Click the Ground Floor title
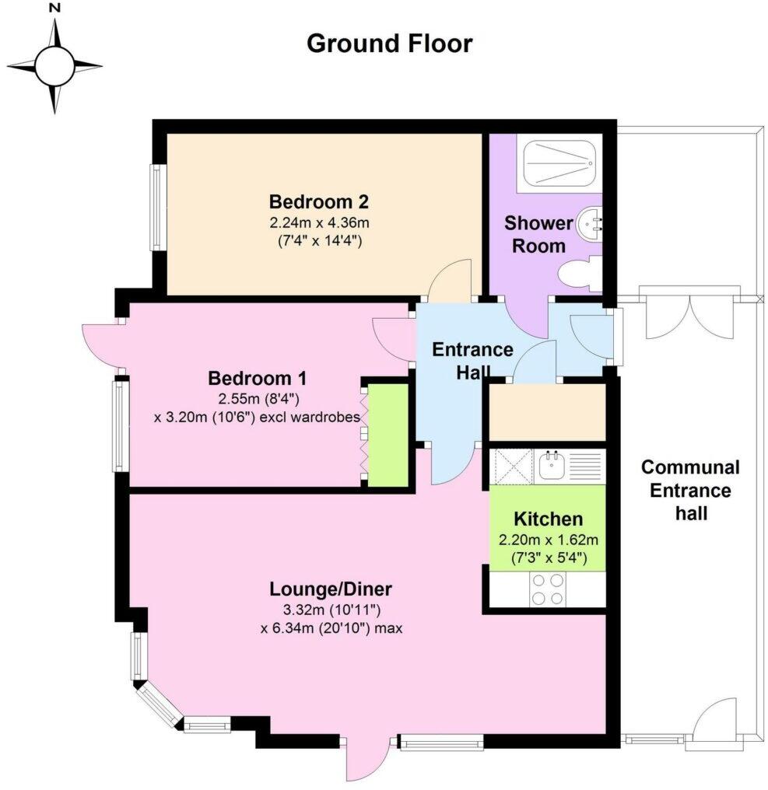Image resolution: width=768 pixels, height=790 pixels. [389, 43]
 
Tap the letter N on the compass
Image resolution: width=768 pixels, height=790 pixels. [54, 9]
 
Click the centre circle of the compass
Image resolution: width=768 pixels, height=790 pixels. [54, 66]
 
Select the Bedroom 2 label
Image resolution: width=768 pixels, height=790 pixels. [318, 202]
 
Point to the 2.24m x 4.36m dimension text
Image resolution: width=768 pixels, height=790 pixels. [318, 223]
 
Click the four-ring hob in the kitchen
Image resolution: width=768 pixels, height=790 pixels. [548, 589]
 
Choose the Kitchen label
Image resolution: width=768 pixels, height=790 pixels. [548, 519]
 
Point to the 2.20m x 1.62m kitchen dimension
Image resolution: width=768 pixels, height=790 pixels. [548, 539]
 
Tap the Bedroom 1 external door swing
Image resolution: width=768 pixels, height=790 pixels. [100, 343]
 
